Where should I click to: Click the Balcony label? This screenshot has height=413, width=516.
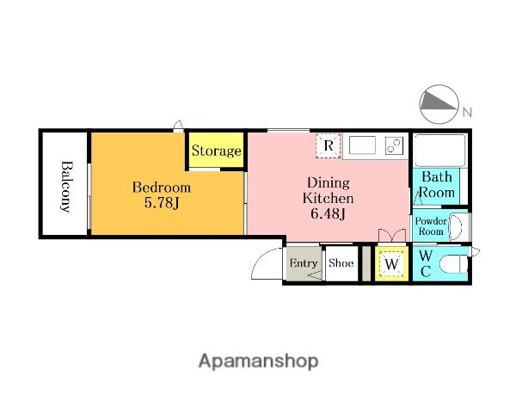66,187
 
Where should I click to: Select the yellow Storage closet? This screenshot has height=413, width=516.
216,150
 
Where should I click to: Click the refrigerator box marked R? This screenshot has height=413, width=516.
329,145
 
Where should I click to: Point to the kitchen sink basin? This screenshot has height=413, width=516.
362,145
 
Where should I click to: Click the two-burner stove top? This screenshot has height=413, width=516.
394,145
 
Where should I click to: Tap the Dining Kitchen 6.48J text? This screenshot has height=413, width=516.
329,198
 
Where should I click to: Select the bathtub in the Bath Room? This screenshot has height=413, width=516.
439,151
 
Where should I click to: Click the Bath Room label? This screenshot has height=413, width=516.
437,184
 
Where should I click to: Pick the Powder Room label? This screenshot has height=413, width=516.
431,226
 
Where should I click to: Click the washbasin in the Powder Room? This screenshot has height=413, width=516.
456,227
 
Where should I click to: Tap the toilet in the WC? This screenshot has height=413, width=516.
453,264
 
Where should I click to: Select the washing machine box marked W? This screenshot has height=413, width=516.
391,263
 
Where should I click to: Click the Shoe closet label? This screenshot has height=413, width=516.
341,262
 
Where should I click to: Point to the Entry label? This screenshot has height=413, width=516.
303,263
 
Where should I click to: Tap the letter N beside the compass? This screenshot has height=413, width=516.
467,113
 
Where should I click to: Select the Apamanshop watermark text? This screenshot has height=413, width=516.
258,361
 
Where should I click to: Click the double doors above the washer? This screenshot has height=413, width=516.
391,236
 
